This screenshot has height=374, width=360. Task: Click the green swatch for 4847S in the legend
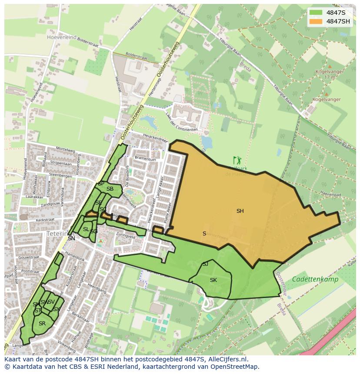316,13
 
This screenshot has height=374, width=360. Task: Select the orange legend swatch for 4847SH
316,21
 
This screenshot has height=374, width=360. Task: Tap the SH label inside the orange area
240,211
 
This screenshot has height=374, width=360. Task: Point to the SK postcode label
213,280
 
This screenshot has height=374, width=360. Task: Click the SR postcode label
42,324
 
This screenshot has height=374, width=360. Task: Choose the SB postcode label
110,189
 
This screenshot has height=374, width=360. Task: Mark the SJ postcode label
205,264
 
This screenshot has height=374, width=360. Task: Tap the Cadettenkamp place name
315,279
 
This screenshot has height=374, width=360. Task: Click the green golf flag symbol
236,160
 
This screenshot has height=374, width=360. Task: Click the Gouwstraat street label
29,257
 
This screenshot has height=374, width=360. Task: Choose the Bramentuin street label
145,159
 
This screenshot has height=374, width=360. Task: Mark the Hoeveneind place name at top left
61,37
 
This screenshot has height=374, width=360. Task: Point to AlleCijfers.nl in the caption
227,359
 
